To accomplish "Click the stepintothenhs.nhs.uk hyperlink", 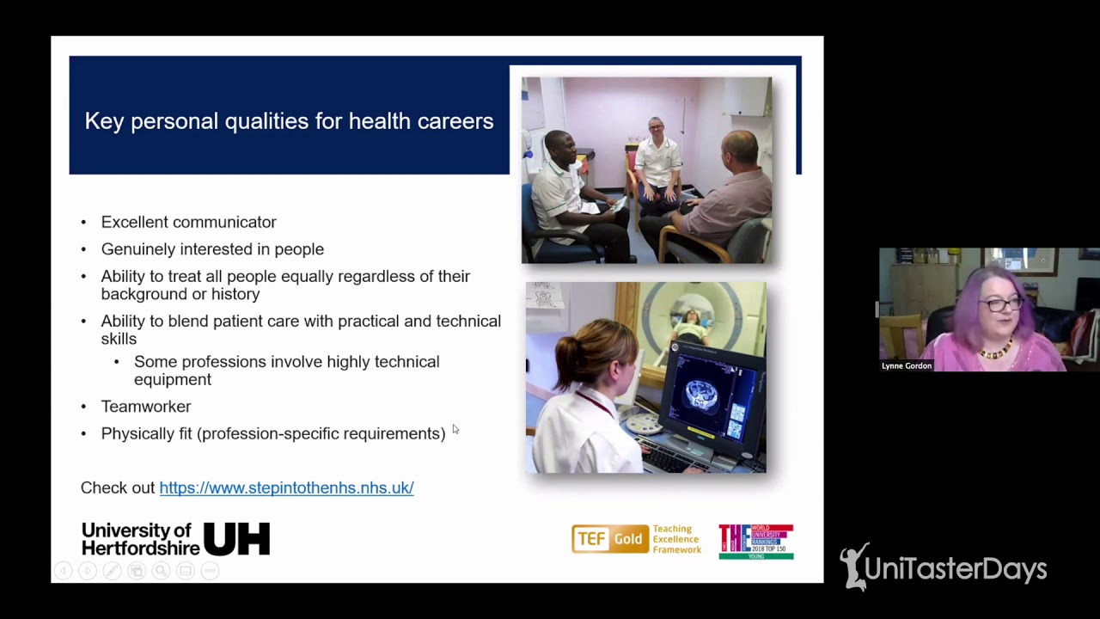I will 286,487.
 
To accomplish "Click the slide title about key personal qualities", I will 289,121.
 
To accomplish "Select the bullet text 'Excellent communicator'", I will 188,222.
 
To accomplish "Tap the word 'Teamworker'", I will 146,406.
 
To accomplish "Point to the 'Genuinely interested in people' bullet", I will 212,249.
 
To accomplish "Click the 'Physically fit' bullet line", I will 272,433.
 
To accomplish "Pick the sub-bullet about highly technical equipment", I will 286,371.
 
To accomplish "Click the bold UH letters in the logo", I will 236,539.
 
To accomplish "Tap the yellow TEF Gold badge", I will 609,539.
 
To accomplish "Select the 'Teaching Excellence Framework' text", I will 676,539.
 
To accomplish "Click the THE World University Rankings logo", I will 755,542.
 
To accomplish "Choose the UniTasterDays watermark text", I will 955,569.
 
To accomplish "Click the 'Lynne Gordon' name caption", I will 906,365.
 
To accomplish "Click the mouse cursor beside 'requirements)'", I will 455,429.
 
